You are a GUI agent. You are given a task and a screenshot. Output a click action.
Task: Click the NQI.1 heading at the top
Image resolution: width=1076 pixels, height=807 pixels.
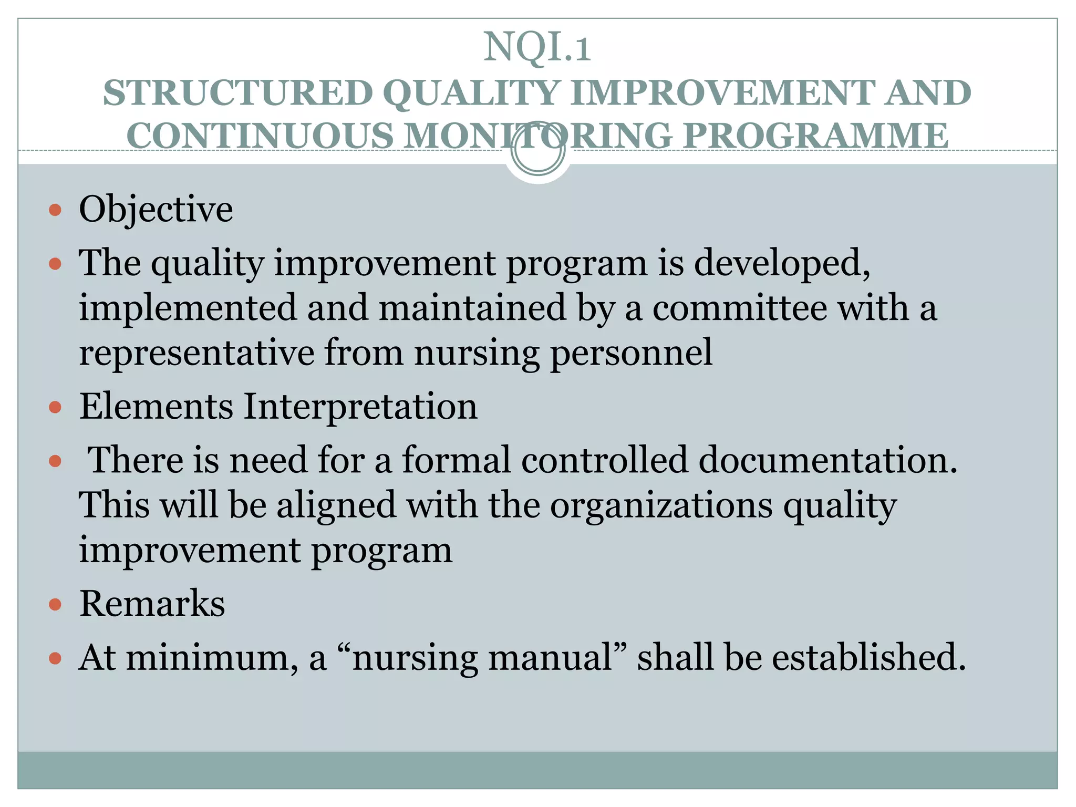point(537,47)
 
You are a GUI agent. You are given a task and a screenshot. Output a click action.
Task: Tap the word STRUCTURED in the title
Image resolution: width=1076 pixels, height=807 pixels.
point(237,93)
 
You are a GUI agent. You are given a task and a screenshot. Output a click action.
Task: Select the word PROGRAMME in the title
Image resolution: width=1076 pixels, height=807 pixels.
point(815,136)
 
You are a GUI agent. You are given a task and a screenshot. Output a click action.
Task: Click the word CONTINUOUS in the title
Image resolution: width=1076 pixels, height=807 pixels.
point(260,136)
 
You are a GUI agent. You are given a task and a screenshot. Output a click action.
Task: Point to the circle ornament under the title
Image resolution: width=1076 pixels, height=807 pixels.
point(537,150)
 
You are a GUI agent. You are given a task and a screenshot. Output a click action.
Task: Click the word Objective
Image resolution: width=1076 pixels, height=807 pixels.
point(156,209)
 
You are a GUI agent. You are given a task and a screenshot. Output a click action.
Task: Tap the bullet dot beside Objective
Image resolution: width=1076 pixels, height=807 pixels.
point(55,211)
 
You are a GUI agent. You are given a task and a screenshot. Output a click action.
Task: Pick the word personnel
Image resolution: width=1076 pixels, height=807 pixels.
point(631,353)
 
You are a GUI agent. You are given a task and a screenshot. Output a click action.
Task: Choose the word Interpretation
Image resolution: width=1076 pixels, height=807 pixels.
point(360,407)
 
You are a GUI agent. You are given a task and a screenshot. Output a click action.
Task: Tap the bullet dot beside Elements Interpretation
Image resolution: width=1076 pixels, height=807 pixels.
point(55,407)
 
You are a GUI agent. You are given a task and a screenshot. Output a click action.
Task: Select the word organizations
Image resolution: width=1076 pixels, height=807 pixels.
point(661,505)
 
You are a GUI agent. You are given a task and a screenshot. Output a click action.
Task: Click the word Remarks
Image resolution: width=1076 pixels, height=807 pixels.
point(152,603)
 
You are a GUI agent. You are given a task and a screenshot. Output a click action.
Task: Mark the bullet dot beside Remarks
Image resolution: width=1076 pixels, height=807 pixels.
point(55,605)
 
